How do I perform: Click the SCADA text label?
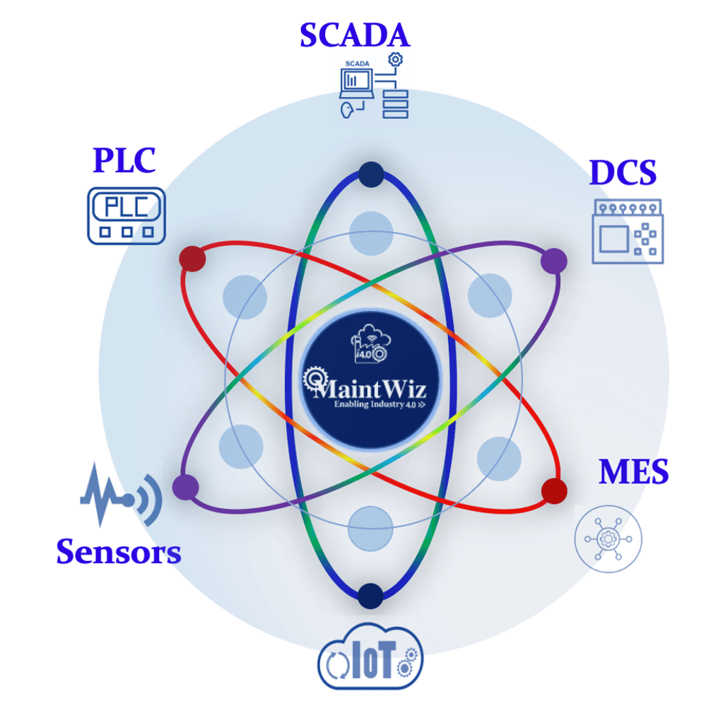354,35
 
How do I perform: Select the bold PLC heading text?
124,160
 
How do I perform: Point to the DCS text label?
623,173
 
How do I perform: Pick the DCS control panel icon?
626,231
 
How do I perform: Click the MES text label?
633,472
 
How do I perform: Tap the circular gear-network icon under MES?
608,538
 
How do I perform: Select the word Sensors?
119,551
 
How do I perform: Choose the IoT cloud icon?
370,657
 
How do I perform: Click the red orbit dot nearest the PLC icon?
192,259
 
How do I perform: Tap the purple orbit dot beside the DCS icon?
553,261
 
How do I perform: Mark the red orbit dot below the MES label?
554,490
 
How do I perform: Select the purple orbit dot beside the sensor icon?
185,487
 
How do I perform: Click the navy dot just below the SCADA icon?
370,174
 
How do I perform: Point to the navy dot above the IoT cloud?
370,596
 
